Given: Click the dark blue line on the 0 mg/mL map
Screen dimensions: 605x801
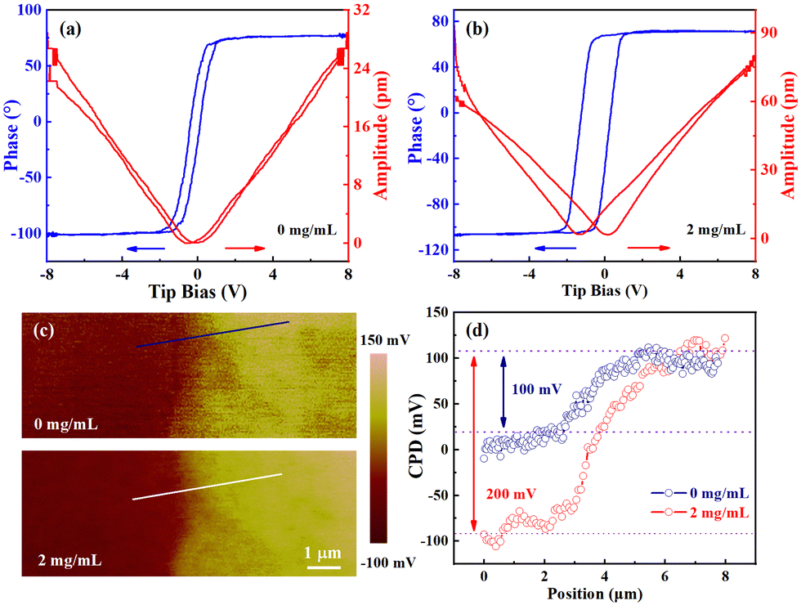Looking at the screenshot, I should [213, 334].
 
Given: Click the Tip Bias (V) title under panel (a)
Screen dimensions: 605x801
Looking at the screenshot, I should [198, 291].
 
